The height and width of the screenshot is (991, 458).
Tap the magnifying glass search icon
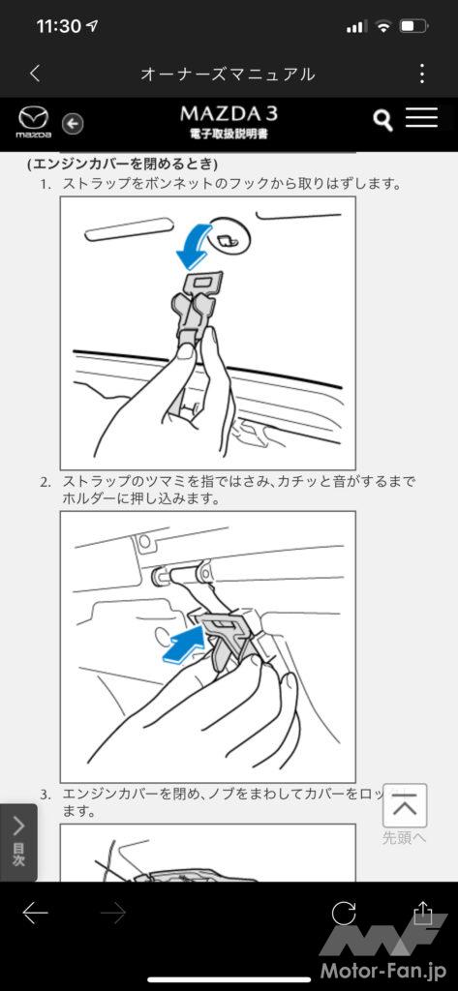point(382,120)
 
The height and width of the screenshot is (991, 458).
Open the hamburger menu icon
point(421,117)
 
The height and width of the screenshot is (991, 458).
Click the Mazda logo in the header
point(34,122)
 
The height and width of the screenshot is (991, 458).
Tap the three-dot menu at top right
point(422,74)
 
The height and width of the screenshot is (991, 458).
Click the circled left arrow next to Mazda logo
point(73,124)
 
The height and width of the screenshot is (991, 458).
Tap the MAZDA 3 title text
point(229,113)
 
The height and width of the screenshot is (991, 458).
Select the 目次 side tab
point(18,842)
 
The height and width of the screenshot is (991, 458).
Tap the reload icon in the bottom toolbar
point(344,914)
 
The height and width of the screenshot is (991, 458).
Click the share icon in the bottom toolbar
point(422,913)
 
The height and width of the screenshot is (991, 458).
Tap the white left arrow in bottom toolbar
point(36,914)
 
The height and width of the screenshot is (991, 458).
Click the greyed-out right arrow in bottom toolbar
point(113,914)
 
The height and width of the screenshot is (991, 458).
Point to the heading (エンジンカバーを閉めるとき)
point(123,165)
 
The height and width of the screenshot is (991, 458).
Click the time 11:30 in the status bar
point(58,26)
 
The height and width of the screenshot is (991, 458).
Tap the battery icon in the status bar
point(415,26)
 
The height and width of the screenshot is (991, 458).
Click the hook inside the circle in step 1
point(228,240)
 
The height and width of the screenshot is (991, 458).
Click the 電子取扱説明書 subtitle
point(229,135)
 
